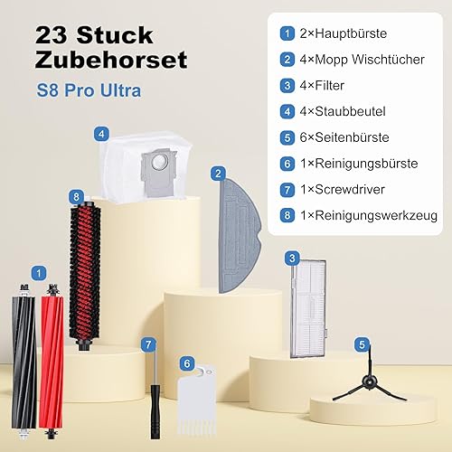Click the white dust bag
146,166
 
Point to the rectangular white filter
308,309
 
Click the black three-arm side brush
370,382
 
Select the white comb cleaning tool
196,400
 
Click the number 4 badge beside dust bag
101,134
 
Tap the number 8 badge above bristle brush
76,197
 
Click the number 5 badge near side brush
362,344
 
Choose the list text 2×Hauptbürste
344,33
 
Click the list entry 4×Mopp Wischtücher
362,60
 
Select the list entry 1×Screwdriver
343,190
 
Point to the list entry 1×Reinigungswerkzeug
369,216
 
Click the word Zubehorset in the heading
111,60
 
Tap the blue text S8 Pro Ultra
89,90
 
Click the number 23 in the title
51,35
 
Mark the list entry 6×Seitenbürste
344,137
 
